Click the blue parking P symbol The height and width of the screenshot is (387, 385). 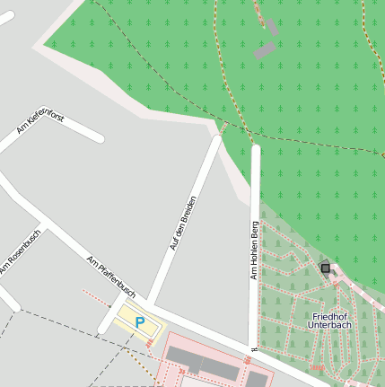[x=139, y=321]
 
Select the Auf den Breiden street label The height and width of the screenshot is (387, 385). [x=182, y=222]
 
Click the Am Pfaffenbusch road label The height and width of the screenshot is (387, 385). [x=111, y=277]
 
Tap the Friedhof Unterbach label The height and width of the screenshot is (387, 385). [x=330, y=321]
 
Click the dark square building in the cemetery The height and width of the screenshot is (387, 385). [x=325, y=268]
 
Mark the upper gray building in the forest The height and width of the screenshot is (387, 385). [x=271, y=28]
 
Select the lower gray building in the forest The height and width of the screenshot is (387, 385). [x=263, y=50]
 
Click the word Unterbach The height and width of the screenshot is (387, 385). [x=330, y=326]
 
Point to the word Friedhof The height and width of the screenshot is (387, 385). [x=330, y=316]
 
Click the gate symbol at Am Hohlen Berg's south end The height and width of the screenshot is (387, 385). [x=255, y=348]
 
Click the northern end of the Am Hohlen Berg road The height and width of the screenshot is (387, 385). [x=256, y=148]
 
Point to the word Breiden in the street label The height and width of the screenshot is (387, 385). [x=187, y=210]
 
